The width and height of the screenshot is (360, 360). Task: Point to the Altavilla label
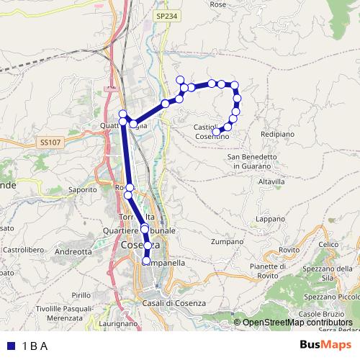(261, 181)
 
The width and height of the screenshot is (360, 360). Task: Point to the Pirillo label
(81, 294)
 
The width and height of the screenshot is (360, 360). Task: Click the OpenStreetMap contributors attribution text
(297, 322)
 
